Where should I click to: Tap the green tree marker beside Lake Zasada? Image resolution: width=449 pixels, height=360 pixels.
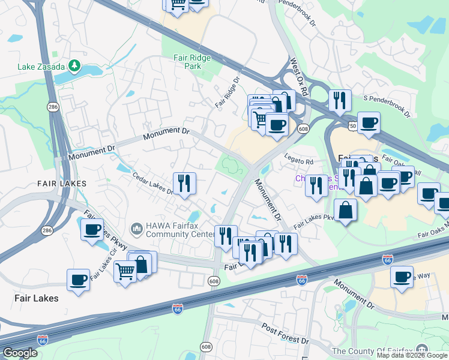coord(74,65)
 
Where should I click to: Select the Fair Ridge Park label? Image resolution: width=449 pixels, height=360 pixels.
coord(187,62)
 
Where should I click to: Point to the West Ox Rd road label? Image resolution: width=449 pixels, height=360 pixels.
coord(298,76)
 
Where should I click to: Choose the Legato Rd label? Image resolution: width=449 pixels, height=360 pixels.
coord(301,162)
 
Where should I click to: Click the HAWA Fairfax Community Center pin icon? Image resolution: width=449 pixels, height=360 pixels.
coord(136,228)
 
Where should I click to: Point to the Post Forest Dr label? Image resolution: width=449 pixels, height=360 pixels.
coord(285,334)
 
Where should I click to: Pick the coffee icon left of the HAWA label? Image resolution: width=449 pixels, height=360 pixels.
coord(92,229)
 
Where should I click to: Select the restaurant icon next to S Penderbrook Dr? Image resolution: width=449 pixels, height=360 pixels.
coord(340,98)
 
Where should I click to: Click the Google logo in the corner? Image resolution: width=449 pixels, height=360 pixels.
coord(20,353)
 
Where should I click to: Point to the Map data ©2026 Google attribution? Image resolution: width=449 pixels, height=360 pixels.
coord(412,355)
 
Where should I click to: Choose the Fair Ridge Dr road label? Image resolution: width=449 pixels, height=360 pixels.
coord(228,92)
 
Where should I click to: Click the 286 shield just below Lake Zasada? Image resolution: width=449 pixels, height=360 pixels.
coord(53,106)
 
